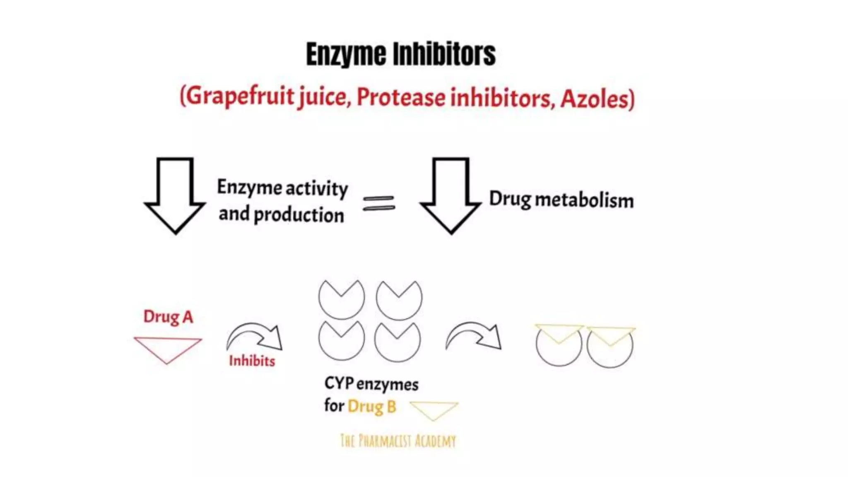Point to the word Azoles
click(x=595, y=99)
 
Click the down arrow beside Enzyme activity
click(x=175, y=195)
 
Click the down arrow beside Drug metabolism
click(x=450, y=195)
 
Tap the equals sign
click(x=378, y=203)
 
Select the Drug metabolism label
click(x=561, y=200)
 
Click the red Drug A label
click(x=168, y=317)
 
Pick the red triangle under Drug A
click(x=167, y=348)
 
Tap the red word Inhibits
click(x=252, y=361)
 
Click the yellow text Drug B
click(x=371, y=407)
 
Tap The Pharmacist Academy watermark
click(x=398, y=441)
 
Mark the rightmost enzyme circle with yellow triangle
click(x=610, y=347)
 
